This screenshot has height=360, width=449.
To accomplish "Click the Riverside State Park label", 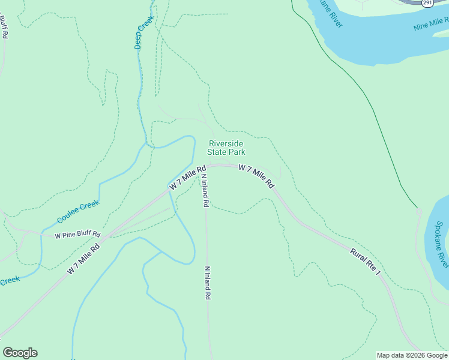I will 226,148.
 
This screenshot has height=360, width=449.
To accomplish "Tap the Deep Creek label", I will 144,32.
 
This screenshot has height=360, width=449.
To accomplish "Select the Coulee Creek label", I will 78,212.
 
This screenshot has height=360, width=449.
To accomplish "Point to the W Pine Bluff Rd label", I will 77,235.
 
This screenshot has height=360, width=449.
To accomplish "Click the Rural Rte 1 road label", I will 366,262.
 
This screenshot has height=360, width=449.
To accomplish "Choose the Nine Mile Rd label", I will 431,24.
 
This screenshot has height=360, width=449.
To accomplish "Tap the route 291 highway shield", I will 427,3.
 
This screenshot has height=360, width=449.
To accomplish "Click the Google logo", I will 20,353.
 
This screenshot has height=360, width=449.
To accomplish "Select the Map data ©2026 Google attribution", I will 412,355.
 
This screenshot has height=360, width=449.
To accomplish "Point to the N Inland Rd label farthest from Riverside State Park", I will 208,283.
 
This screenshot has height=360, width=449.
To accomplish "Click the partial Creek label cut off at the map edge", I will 10,280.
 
